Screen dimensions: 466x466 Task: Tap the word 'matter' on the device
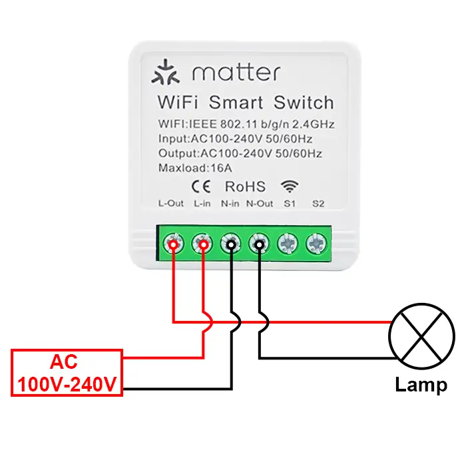tap(236, 73)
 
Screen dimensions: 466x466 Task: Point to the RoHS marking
tap(245, 186)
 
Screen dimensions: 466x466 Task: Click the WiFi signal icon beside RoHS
tap(289, 186)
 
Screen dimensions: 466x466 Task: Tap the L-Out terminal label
tap(171, 203)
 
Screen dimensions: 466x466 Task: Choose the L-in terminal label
tap(202, 203)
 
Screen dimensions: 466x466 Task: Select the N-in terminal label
tap(230, 203)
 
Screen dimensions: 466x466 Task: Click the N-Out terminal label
tap(260, 203)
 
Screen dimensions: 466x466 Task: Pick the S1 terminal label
tap(288, 203)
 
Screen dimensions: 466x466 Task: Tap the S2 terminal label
tap(317, 203)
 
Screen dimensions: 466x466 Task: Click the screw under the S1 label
tap(288, 244)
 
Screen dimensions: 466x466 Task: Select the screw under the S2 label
tap(316, 244)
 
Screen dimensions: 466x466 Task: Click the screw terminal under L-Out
tap(173, 244)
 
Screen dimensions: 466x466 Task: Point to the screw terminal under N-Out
tap(259, 244)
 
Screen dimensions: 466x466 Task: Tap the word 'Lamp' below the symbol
tap(421, 385)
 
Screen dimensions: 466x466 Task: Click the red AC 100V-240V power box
tap(66, 373)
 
